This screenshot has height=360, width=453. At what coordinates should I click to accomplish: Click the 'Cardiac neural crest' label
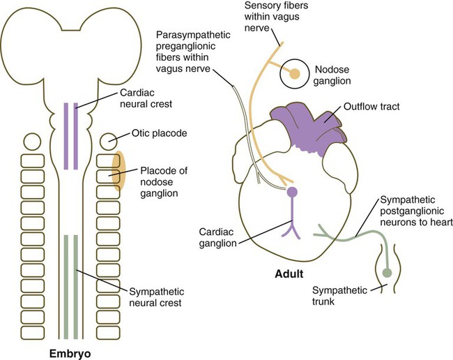(x=146, y=98)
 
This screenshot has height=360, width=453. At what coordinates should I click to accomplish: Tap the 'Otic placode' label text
(x=159, y=133)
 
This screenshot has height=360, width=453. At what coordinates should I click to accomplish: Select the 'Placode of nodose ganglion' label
(x=164, y=182)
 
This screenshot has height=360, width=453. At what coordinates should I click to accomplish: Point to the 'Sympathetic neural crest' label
(x=157, y=297)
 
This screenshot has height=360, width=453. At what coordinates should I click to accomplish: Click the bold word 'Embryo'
(x=70, y=353)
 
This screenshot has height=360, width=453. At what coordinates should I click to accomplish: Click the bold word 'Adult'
(x=289, y=273)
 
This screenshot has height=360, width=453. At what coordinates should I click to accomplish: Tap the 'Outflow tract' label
(x=371, y=107)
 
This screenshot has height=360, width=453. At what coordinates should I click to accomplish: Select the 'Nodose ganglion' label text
(x=332, y=75)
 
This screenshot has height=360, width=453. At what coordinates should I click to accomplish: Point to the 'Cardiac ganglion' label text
(x=217, y=237)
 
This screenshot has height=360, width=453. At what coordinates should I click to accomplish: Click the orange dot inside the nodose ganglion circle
(x=295, y=74)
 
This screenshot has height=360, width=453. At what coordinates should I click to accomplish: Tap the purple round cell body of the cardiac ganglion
(x=292, y=192)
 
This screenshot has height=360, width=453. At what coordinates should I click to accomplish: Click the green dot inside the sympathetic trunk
(x=387, y=272)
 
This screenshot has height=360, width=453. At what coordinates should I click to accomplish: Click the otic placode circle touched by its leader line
(x=109, y=142)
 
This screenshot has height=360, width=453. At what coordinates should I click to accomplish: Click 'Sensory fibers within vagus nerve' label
(x=276, y=17)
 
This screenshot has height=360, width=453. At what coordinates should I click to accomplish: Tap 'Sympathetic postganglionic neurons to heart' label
(x=416, y=211)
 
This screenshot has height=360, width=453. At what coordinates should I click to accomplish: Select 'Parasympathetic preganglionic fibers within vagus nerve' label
(x=193, y=52)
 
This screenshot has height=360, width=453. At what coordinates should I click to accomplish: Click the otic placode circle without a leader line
(x=32, y=142)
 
